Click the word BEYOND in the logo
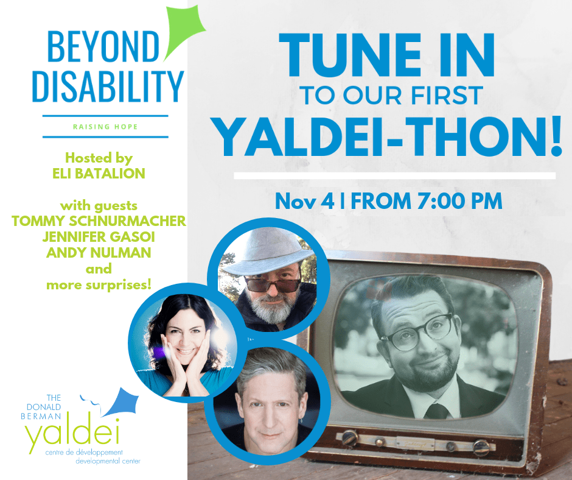[103, 46]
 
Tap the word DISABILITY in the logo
[108, 86]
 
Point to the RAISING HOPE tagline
[105, 127]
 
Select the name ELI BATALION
[99, 174]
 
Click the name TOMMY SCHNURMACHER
[99, 221]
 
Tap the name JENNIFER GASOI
[99, 237]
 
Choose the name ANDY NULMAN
[99, 253]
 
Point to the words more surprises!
[99, 285]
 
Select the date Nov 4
[305, 201]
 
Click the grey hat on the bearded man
[268, 252]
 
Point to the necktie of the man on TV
[436, 411]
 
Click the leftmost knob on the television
[349, 438]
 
